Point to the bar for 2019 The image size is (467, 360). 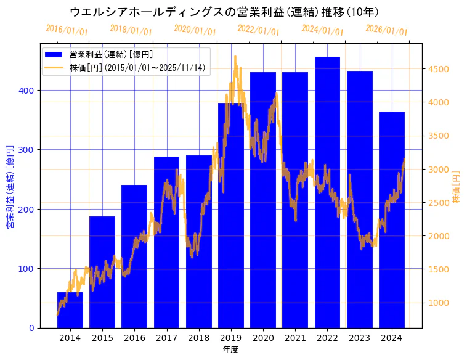coord(230,216)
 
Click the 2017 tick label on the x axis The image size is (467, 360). coord(166,338)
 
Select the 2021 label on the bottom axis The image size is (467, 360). coord(295,338)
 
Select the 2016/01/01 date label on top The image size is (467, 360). coord(67,30)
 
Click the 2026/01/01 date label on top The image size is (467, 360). coord(386,30)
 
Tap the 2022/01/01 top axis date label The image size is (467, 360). coord(258,30)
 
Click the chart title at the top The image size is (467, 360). coord(224,12)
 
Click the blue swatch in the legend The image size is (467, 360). coord(54,55)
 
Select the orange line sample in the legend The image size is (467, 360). coord(54,68)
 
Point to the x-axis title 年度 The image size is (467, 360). coord(230,350)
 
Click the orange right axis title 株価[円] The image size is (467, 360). coord(457,187)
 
